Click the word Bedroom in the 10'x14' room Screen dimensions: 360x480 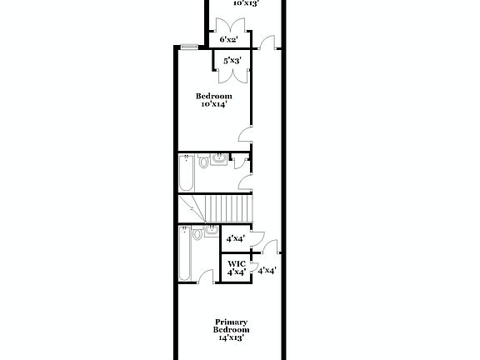tap(213, 96)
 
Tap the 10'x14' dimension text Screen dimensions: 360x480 tap(213, 104)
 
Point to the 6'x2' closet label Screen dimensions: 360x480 tap(229, 39)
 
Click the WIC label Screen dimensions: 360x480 tap(236, 262)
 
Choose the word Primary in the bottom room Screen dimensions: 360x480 tap(232, 322)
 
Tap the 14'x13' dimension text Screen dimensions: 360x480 tap(232, 338)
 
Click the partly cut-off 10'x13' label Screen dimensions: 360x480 tap(245, 3)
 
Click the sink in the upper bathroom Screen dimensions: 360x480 tap(217, 158)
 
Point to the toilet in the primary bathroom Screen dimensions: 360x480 tap(197, 234)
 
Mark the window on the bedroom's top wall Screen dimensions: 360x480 tap(190, 46)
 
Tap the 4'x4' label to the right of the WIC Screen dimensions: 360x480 tap(267, 270)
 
